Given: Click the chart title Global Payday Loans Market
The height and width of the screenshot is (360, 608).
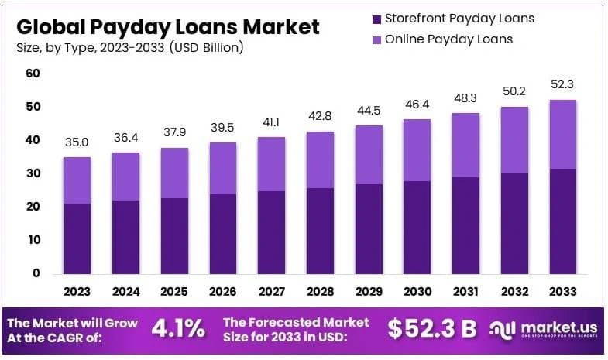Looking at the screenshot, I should coord(167,27).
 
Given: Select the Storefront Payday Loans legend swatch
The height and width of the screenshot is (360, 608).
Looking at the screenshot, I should coord(376,19).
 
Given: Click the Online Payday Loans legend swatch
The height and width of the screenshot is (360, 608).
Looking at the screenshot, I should coord(376,39).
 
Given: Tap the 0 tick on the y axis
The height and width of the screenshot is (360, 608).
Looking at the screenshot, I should coord(35,273).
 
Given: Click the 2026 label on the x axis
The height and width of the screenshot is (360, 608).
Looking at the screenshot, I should coord(223,292).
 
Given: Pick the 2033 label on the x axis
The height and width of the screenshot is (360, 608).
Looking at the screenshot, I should coord(563,292).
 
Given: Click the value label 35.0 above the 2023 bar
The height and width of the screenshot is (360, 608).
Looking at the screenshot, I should coord(77,142).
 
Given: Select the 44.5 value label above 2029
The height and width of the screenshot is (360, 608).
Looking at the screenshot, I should coord(369,110).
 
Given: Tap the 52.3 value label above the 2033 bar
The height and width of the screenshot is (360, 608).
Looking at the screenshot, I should coord(563,84).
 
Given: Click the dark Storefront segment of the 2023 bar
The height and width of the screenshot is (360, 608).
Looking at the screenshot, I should coord(77,238).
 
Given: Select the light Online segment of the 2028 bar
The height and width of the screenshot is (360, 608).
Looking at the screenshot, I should coord(320,159).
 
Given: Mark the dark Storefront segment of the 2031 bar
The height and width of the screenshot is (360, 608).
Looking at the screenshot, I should coord(466,225).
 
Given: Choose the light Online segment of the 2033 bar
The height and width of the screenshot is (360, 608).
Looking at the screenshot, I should coord(563,134).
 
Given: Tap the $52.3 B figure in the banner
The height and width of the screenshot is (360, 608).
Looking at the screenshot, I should coord(432,328).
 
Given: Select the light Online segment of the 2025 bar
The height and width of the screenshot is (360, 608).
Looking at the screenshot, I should coord(174,173).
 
